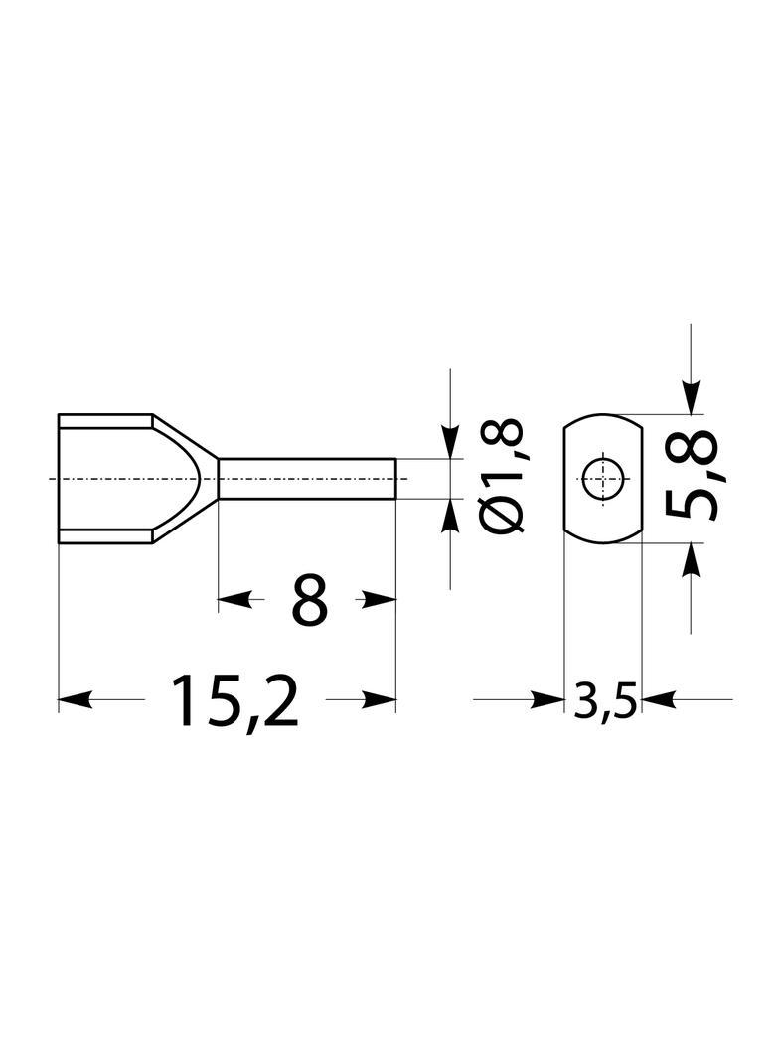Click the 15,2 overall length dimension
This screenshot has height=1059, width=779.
(234, 700)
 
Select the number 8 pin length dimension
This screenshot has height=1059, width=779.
(309, 599)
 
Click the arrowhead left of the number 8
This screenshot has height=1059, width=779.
(234, 599)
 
